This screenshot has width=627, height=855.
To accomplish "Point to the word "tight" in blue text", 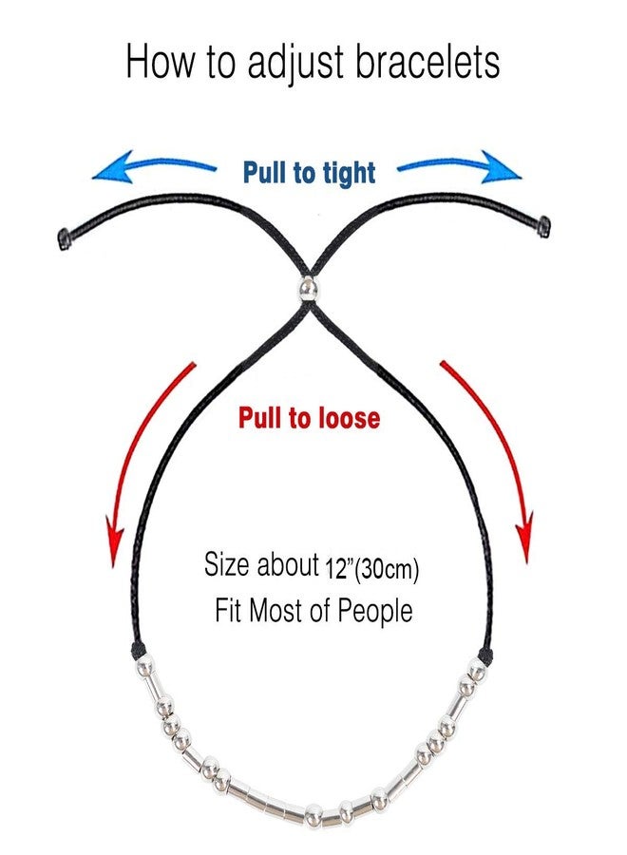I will coord(347,174).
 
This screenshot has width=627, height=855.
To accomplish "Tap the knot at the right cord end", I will coord(544,225).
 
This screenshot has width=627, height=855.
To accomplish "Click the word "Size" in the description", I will coord(227,565).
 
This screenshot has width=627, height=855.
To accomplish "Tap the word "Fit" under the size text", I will coord(229,610).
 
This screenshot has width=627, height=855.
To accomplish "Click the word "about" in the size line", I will coord(288,566).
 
